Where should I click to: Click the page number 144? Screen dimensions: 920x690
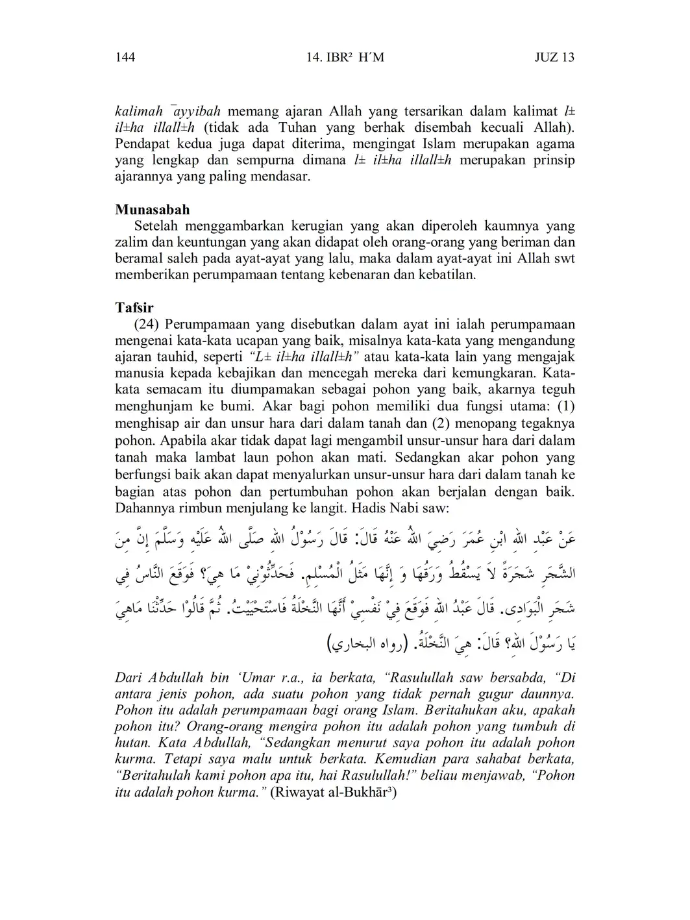(125, 57)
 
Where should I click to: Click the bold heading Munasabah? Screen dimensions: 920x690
(153, 210)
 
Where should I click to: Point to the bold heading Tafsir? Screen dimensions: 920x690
(134, 308)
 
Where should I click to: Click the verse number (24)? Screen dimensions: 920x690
(147, 324)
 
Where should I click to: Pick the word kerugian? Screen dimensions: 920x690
(316, 226)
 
